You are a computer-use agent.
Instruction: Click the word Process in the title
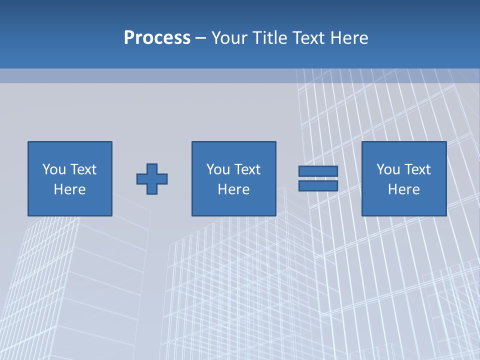[157, 38]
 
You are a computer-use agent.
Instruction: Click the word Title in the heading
[270, 38]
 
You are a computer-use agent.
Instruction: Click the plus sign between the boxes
[152, 178]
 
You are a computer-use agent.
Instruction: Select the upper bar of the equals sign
[318, 171]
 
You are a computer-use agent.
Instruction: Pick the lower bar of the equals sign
[318, 186]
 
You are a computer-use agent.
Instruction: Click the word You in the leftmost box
[54, 169]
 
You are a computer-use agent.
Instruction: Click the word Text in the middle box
[247, 169]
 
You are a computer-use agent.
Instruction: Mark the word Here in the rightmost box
[404, 189]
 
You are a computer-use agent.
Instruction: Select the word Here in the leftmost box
[70, 189]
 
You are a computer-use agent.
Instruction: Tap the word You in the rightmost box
[388, 169]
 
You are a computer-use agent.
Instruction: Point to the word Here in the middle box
[234, 189]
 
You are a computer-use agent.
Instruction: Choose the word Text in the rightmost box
[417, 169]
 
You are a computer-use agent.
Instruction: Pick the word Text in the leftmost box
[83, 169]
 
